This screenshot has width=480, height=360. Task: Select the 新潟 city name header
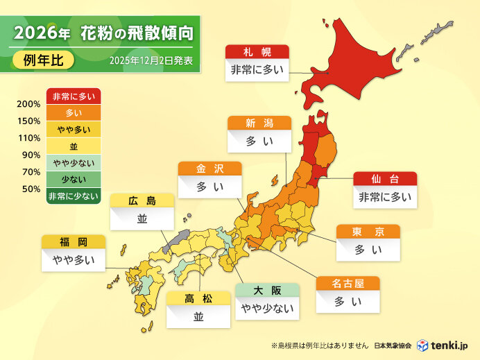[x=259, y=123]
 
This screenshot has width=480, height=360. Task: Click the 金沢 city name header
[x=209, y=169]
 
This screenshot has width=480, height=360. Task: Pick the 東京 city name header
[x=368, y=232]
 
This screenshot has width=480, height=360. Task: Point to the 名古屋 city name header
[x=348, y=284]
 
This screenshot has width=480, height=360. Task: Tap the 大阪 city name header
[x=267, y=291]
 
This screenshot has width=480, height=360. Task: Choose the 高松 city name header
[x=198, y=298]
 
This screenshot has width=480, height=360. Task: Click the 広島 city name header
[x=142, y=201]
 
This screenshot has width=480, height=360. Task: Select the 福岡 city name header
[x=74, y=242]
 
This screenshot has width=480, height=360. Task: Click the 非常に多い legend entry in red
[x=74, y=96]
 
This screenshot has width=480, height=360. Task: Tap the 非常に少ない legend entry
[x=74, y=196]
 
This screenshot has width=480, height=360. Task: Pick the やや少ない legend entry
[x=74, y=163]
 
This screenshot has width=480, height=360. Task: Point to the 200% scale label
[x=28, y=105]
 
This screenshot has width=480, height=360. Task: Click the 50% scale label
[x=31, y=188]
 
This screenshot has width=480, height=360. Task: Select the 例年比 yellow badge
[x=44, y=60]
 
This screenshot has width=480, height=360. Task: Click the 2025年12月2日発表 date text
[x=151, y=61]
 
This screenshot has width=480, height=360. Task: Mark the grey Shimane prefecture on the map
[x=177, y=240]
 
